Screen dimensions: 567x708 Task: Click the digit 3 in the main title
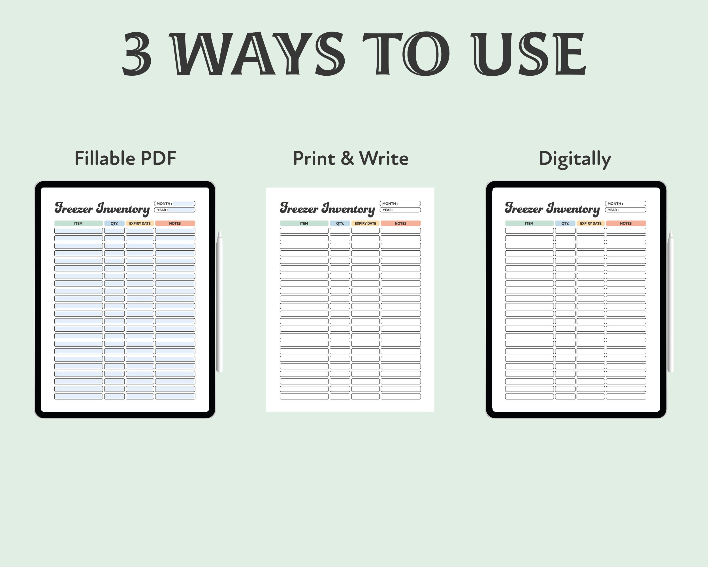click(x=137, y=54)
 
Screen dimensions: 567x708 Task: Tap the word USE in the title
click(x=529, y=54)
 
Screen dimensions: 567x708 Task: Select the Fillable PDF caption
click(x=125, y=158)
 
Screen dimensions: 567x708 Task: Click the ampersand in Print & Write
click(x=347, y=158)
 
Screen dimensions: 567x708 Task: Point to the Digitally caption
click(x=575, y=159)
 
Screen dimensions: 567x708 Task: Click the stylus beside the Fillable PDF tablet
click(x=219, y=301)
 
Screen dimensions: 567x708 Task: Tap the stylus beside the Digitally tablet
click(x=671, y=301)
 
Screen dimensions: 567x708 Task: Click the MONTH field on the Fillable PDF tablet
click(x=175, y=204)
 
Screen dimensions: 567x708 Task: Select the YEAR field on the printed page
click(x=400, y=210)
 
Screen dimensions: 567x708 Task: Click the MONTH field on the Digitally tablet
click(x=625, y=204)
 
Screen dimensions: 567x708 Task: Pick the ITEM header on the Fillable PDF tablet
click(x=78, y=223)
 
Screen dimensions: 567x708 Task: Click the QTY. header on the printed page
click(x=340, y=223)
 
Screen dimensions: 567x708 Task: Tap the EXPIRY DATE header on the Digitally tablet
click(x=590, y=223)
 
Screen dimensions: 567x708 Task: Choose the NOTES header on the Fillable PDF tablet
click(x=175, y=223)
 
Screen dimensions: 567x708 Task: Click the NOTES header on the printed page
click(x=401, y=223)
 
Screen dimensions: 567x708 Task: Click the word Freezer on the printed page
click(x=299, y=208)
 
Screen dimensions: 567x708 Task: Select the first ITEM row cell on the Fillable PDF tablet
click(x=78, y=231)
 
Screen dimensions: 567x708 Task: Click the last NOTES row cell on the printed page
click(x=401, y=396)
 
